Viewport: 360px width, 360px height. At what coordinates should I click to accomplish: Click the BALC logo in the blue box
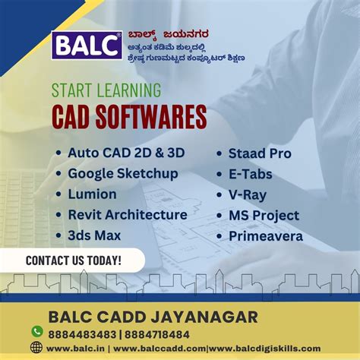(x=87, y=46)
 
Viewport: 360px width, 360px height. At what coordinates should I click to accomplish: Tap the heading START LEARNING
(x=106, y=90)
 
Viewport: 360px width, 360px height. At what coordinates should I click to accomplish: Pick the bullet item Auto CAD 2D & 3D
(x=125, y=153)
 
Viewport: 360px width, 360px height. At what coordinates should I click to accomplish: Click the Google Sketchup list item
(x=122, y=173)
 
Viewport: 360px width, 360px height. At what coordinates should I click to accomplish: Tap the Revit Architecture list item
(x=127, y=215)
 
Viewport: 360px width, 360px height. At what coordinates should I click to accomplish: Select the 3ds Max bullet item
(x=93, y=235)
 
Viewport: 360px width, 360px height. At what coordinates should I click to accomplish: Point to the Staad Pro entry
(x=261, y=153)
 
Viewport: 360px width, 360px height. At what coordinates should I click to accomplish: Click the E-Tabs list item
(x=250, y=174)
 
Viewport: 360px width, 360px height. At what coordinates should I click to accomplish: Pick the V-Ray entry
(x=248, y=194)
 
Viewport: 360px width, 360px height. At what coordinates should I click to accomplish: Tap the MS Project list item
(x=264, y=216)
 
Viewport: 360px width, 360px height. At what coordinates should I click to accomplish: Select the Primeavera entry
(x=266, y=236)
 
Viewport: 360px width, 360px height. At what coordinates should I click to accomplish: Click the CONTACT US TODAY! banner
(x=73, y=261)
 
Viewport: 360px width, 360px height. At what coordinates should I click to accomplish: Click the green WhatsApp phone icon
(x=36, y=332)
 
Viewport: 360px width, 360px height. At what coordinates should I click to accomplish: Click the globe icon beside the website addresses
(x=36, y=348)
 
